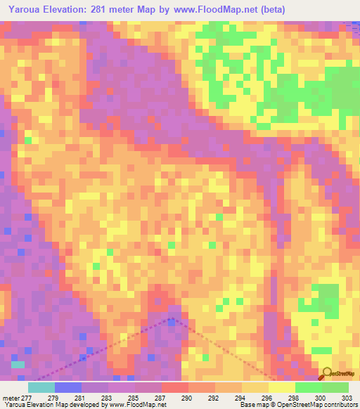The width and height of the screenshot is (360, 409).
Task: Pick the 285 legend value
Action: [x=134, y=398]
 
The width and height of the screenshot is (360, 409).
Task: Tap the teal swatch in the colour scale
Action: [x=41, y=387]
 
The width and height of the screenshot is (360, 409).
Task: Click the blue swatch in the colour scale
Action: [x=67, y=387]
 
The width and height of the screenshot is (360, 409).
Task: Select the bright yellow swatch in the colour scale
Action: [x=281, y=387]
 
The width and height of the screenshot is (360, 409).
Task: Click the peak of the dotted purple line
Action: [x=172, y=318]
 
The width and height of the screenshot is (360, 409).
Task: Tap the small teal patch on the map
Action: [x=18, y=364]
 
